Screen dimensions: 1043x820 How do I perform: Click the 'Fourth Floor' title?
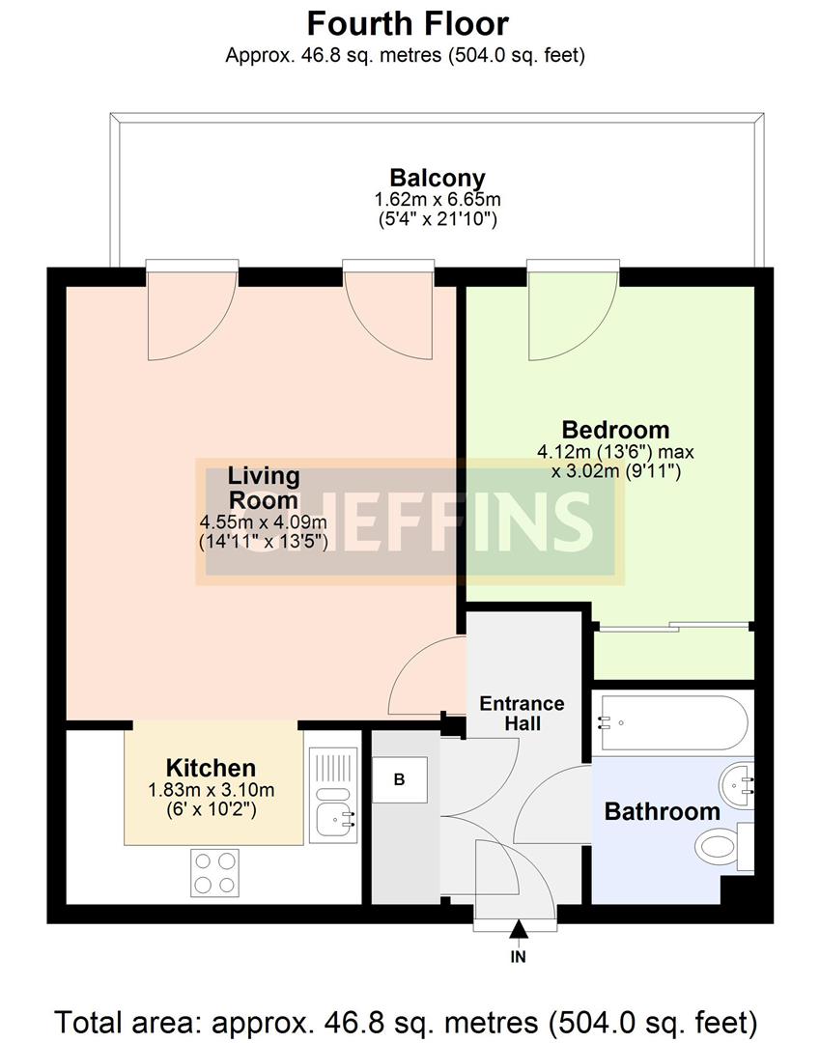tap(408, 22)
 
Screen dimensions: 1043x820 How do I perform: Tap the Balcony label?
tap(437, 178)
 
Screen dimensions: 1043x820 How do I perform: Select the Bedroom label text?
tap(615, 429)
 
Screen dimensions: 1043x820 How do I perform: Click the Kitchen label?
tap(211, 768)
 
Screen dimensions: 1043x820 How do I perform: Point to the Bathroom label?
tap(662, 811)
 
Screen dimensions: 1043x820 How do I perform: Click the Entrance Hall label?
tap(522, 713)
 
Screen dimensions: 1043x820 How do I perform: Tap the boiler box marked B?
tap(399, 778)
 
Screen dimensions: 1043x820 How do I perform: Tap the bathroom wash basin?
tap(739, 785)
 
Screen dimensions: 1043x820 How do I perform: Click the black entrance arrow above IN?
tap(519, 929)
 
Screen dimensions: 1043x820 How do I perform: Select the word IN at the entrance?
tap(519, 957)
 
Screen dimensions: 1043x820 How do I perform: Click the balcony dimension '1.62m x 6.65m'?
tap(437, 200)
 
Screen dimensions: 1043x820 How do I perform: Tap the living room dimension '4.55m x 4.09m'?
tap(263, 522)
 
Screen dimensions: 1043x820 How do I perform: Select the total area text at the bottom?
tap(406, 1020)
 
